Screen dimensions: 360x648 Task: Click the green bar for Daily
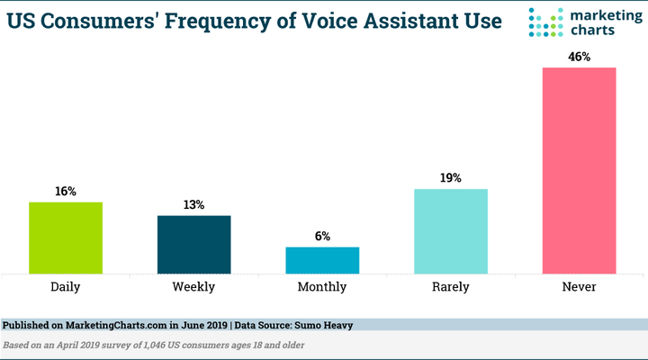(66, 237)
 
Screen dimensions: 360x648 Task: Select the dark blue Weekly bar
(194, 244)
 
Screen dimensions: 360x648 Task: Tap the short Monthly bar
(322, 259)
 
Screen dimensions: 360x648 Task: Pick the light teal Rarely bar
(451, 230)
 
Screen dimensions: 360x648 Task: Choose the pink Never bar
(580, 170)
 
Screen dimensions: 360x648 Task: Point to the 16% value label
(66, 192)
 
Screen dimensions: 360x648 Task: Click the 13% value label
(194, 205)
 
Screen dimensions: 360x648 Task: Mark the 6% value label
(322, 237)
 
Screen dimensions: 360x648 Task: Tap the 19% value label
(451, 178)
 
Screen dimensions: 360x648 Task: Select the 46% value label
(580, 57)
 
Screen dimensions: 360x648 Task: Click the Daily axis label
(66, 287)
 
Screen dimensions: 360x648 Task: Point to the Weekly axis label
(194, 287)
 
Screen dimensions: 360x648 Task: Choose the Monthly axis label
(322, 287)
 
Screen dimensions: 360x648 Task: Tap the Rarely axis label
(451, 287)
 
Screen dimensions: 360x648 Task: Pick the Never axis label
(580, 287)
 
